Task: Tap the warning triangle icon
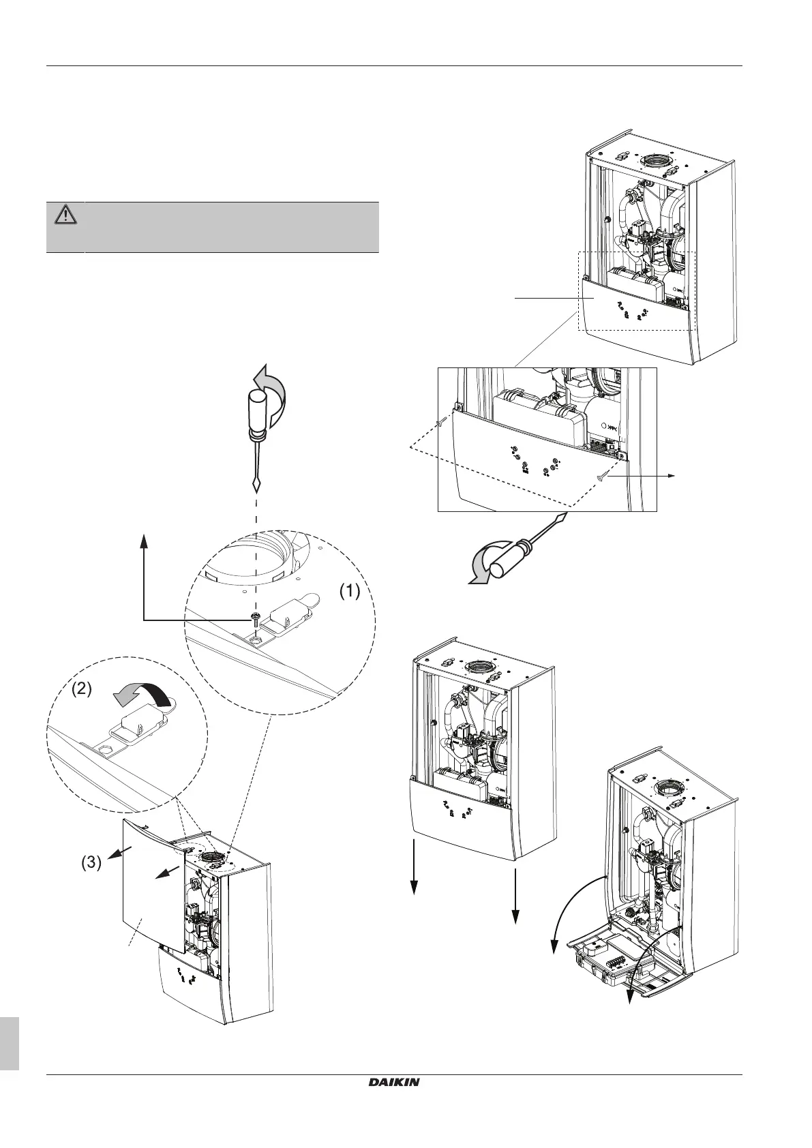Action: (65, 215)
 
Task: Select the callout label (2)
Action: (82, 689)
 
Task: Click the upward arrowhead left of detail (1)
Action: (144, 541)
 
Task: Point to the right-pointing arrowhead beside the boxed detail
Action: (672, 477)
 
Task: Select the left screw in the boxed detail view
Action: (442, 423)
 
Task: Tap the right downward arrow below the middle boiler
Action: (516, 910)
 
